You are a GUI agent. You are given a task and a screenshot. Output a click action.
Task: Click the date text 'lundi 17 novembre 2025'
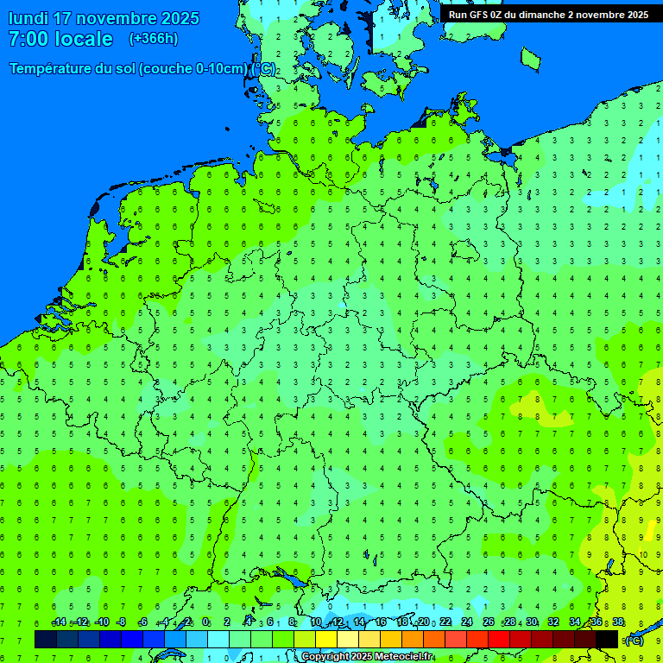pyautogui.click(x=104, y=18)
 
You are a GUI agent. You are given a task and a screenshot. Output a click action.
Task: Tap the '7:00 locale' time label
pyautogui.click(x=60, y=39)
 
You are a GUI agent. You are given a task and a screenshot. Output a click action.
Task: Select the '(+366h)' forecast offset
pyautogui.click(x=154, y=39)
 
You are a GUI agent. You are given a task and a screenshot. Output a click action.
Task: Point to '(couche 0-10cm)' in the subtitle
pyautogui.click(x=193, y=69)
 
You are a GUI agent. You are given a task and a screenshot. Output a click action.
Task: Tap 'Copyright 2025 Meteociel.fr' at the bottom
pyautogui.click(x=367, y=657)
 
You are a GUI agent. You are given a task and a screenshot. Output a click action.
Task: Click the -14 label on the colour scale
pyautogui.click(x=59, y=622)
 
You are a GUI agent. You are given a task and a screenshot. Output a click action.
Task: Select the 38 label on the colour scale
pyautogui.click(x=618, y=622)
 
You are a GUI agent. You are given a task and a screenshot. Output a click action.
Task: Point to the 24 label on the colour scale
pyautogui.click(x=467, y=622)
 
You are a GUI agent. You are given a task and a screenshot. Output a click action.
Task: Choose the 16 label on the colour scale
pyautogui.click(x=381, y=622)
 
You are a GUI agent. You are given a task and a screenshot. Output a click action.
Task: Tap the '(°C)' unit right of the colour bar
pyautogui.click(x=634, y=641)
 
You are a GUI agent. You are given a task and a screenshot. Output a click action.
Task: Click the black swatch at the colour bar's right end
pyautogui.click(x=607, y=639)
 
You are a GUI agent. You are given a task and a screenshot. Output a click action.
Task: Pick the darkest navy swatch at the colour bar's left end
pyautogui.click(x=46, y=639)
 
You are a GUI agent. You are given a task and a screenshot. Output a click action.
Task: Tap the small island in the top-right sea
pyautogui.click(x=530, y=59)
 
